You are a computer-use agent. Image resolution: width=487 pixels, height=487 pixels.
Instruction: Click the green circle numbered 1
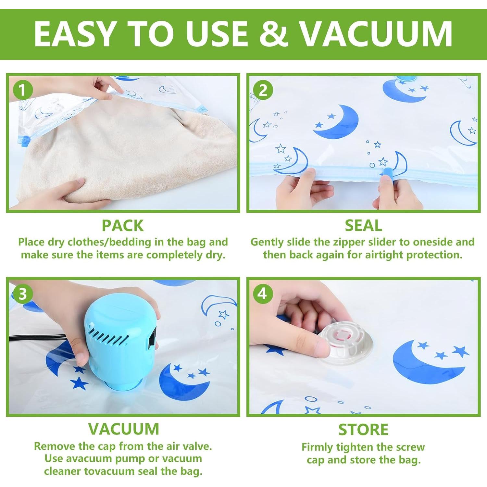[22, 90]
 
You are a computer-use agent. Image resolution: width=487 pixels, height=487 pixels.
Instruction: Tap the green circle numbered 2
[263, 90]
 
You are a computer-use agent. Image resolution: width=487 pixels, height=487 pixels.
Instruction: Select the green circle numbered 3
[22, 294]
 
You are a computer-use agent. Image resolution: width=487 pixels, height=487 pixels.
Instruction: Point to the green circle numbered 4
[262, 293]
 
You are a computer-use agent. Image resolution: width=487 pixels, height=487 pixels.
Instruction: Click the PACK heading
[123, 226]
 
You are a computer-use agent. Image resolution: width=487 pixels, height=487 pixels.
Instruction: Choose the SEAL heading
[363, 226]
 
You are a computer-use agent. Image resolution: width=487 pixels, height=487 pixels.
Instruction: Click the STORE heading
[363, 430]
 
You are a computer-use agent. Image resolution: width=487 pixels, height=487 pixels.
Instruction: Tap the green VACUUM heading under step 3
[124, 429]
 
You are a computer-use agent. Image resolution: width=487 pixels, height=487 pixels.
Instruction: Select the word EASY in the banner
[74, 33]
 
